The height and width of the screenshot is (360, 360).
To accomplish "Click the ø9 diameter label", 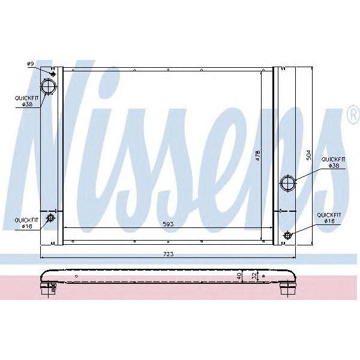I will [x=29, y=64].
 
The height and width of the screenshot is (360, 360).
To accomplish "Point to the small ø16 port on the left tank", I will [x=51, y=217].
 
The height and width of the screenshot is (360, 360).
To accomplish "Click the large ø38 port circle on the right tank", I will [x=288, y=182].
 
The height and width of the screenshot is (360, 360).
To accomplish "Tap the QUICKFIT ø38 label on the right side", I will [x=334, y=162].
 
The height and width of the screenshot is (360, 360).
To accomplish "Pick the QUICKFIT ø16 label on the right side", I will [x=329, y=217].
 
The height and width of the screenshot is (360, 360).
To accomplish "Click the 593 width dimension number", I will [x=170, y=224].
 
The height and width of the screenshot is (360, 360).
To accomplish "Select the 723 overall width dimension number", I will [x=169, y=254].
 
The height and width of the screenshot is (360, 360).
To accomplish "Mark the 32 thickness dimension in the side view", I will [x=254, y=277].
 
